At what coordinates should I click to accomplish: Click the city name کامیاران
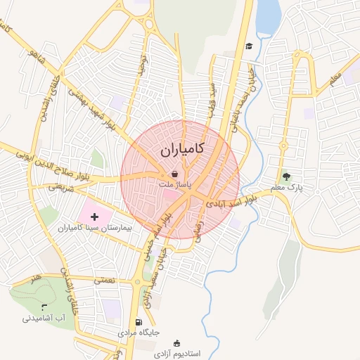(181, 149)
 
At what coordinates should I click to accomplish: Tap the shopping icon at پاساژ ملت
(174, 174)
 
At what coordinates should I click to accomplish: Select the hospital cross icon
(95, 217)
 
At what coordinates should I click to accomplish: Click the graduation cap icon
(248, 46)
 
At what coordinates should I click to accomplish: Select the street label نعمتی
(105, 279)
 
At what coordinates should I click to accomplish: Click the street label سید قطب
(210, 97)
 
